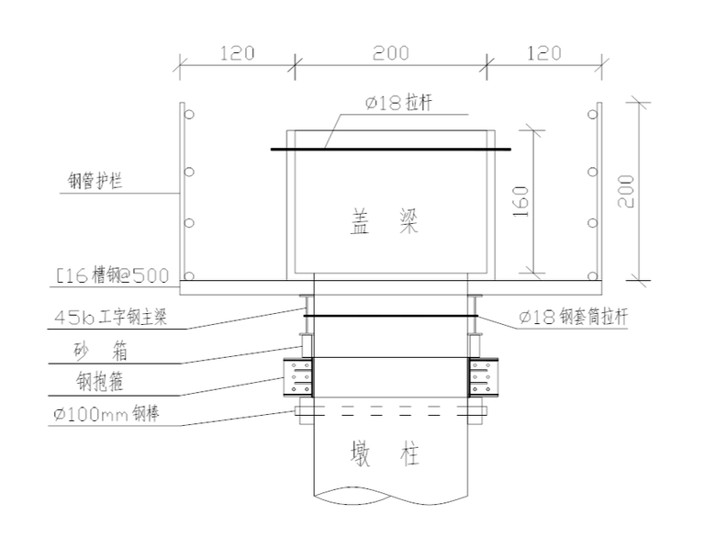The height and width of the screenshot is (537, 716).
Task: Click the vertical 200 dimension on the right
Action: coord(626,191)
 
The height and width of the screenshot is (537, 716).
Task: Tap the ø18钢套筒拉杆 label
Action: coord(572,319)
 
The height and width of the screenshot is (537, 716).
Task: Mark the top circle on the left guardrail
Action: coord(189,116)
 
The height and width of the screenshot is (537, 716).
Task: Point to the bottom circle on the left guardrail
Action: coord(189,276)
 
